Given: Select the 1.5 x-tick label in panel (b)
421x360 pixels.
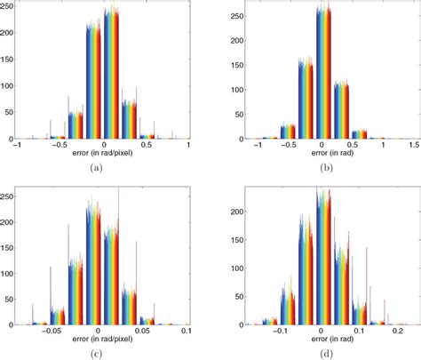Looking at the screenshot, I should click(414, 145).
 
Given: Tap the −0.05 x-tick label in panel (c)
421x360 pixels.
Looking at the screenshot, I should click(54, 332).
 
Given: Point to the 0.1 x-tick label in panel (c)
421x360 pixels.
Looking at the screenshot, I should click(187, 332).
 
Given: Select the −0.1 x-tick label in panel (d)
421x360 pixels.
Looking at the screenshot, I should click(281, 332).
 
